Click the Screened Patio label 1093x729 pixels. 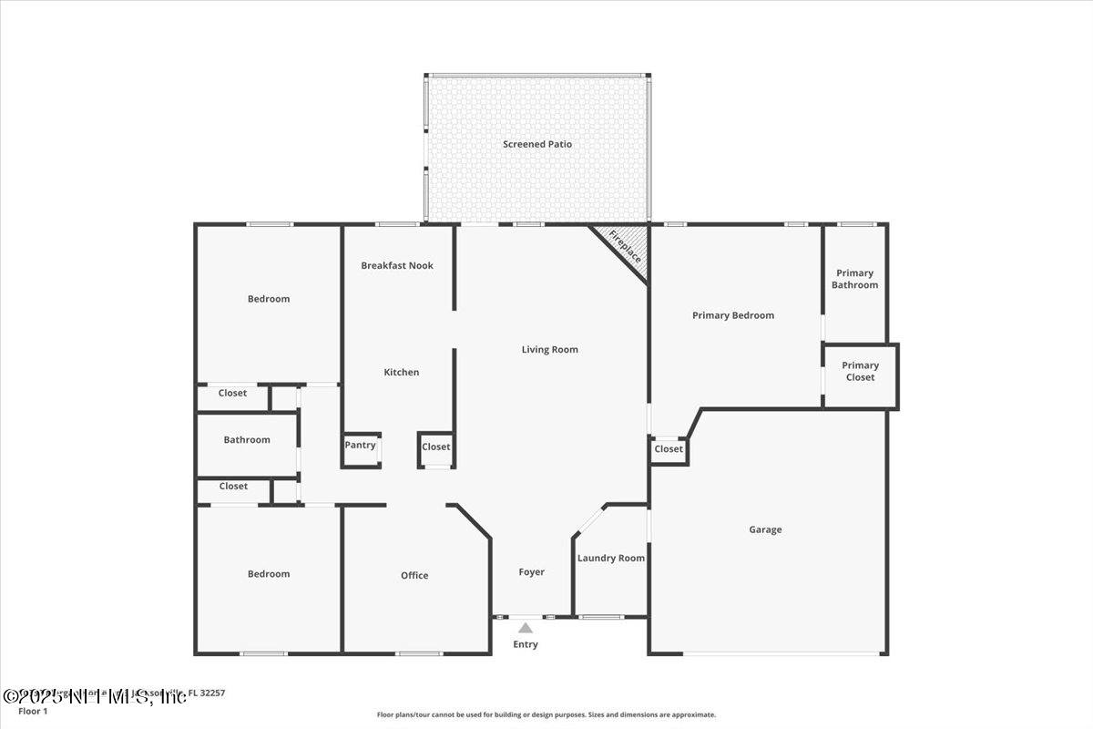coord(537,144)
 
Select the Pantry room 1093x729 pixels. coord(360,446)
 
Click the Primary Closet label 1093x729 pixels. coord(860,371)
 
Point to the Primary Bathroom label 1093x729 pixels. coord(854,279)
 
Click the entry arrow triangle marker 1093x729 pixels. coord(526,628)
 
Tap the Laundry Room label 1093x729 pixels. coord(610,558)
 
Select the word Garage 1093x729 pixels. coord(765,529)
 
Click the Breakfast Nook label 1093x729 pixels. coord(397,265)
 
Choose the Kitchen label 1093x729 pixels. coord(401,372)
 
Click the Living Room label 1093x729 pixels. coord(549,349)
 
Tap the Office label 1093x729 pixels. coord(414,575)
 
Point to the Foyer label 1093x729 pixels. coord(531,572)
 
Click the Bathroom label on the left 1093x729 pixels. coord(247,439)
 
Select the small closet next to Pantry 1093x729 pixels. coord(435,447)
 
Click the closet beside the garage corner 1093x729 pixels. coord(668,448)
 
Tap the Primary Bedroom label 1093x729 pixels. coord(732,315)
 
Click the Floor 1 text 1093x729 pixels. coord(32,711)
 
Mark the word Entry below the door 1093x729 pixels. coord(526,644)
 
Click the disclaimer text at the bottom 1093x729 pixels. coord(546,715)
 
